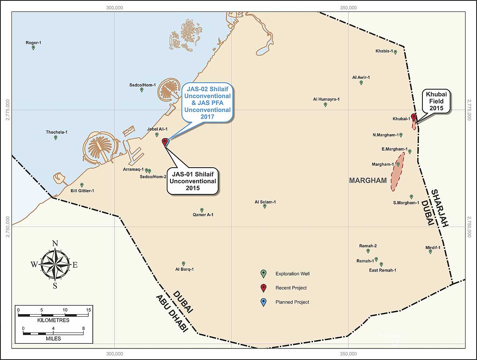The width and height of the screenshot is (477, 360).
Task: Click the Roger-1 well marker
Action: click(33, 48)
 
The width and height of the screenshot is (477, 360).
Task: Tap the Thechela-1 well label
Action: click(57, 132)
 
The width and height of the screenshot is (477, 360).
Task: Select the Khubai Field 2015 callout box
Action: click(436, 101)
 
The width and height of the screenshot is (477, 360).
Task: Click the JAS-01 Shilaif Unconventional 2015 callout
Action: click(193, 181)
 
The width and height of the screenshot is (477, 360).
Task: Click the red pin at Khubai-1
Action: click(414, 117)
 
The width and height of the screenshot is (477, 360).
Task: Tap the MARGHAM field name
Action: click(368, 180)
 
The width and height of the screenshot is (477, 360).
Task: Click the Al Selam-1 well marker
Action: click(265, 206)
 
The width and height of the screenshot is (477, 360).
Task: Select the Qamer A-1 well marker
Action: click(202, 210)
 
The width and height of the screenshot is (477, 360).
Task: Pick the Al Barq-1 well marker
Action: click(184, 264)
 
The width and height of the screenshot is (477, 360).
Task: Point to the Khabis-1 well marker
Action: click(395, 52)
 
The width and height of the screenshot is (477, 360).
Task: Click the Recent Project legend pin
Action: click(263, 288)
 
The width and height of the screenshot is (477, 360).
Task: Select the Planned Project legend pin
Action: click(263, 302)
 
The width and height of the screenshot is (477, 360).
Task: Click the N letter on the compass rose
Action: click(55, 244)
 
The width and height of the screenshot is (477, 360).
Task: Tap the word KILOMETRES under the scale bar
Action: click(53, 320)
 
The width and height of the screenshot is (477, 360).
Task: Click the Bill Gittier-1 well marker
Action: click(82, 185)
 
